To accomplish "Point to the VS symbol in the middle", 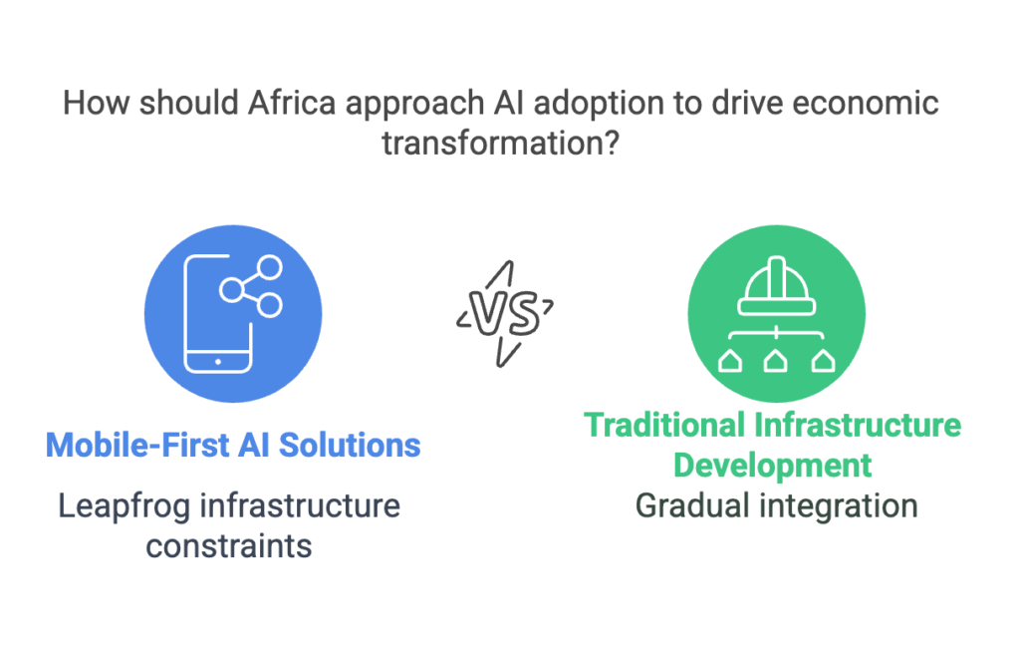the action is [x=505, y=314].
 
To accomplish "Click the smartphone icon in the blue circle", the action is [x=218, y=314].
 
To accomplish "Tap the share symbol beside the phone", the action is [x=251, y=286].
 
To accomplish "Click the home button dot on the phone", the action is [x=218, y=362].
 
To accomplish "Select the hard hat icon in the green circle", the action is [x=777, y=286].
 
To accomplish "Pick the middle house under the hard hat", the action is [x=776, y=361].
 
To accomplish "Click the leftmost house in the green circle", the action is [x=730, y=361].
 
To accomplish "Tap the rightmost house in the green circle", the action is [x=824, y=361].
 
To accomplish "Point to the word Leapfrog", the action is [x=125, y=506].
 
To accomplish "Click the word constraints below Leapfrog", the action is [x=229, y=546].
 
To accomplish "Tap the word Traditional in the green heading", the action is [x=664, y=426].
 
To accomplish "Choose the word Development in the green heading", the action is [x=772, y=466].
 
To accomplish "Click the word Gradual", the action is [x=693, y=506].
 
